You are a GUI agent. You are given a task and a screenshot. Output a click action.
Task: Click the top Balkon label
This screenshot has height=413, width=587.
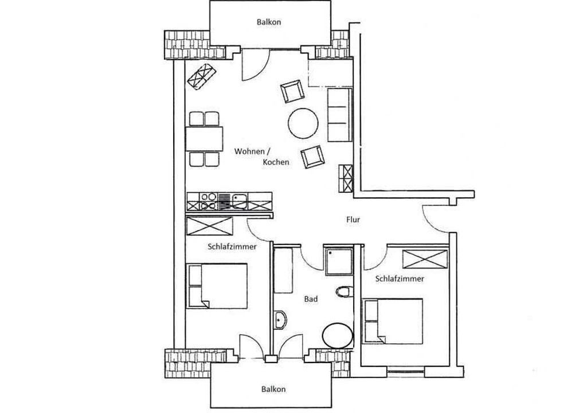(x=268, y=22)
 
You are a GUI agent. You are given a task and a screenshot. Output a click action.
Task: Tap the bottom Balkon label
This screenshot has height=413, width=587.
(x=273, y=389)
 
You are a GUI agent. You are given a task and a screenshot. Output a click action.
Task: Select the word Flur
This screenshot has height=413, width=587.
(x=353, y=220)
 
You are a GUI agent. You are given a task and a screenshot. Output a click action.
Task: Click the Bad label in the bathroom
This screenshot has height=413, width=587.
(x=311, y=299)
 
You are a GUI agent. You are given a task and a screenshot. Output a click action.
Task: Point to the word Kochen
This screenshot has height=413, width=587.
(x=276, y=162)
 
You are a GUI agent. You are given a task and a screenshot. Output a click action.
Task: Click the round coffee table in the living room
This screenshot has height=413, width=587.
(x=303, y=123)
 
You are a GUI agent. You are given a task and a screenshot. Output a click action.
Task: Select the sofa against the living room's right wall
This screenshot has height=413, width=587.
(x=340, y=115)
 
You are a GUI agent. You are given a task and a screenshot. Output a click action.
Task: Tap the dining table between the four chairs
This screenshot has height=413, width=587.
(x=205, y=139)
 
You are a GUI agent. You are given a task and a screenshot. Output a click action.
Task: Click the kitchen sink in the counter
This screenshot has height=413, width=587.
(x=238, y=201)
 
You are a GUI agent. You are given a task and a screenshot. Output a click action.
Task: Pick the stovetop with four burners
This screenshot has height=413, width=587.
(x=209, y=201)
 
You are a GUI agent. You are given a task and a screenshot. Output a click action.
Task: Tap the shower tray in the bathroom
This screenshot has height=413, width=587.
(x=339, y=262)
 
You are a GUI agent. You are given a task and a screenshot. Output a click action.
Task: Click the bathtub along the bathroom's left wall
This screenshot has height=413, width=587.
(x=283, y=269)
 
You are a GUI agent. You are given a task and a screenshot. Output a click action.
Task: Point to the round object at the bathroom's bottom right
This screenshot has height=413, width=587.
(x=338, y=336)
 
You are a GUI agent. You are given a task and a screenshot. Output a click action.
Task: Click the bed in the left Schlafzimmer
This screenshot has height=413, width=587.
(x=217, y=286)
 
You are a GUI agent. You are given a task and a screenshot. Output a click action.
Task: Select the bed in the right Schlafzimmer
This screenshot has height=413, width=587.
(x=393, y=321)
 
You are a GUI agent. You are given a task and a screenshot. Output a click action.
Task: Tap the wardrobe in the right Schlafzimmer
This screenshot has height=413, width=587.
(x=425, y=259)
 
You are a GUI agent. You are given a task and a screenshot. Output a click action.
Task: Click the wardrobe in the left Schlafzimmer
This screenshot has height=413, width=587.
(x=210, y=225)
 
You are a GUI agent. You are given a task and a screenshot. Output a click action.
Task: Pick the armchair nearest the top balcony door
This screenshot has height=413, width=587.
(x=292, y=91)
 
